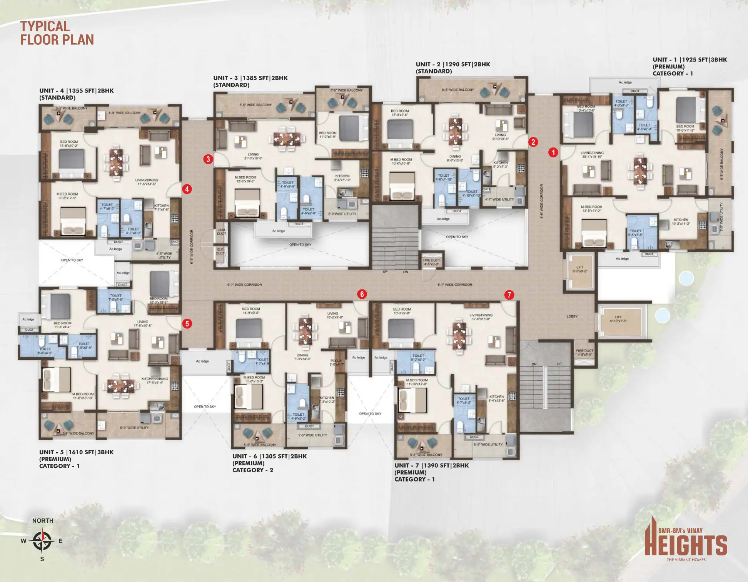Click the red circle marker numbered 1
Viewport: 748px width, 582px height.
(553, 152)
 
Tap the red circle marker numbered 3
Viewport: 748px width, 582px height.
(208, 159)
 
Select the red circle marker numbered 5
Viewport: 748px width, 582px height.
(187, 324)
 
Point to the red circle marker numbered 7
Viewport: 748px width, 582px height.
(509, 295)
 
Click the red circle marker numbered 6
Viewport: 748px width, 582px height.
(362, 294)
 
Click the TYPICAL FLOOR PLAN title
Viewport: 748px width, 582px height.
(57, 33)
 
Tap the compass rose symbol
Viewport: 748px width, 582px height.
(42, 540)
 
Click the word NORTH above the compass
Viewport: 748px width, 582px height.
(43, 520)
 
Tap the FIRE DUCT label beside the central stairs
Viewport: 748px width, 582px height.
(431, 262)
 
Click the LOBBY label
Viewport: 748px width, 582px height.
(572, 316)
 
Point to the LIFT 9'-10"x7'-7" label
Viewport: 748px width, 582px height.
(618, 319)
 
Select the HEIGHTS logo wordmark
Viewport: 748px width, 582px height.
(686, 545)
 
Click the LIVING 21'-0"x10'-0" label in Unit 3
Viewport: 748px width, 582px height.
(253, 156)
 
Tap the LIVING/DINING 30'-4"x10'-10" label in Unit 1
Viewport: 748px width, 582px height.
(592, 155)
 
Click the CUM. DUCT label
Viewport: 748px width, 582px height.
(221, 232)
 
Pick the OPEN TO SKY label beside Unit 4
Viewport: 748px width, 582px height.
(72, 260)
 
